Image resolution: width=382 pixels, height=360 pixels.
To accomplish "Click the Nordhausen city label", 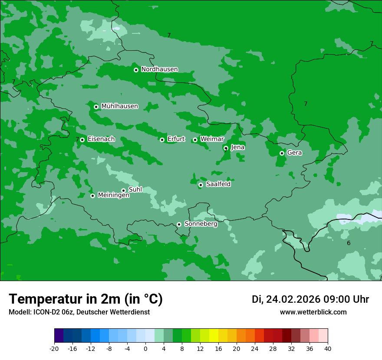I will [x=159, y=69].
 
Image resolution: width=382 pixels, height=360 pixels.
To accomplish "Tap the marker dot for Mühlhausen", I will [x=96, y=107].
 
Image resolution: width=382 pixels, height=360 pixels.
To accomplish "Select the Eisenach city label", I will [x=101, y=139].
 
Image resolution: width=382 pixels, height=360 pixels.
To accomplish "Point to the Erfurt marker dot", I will [x=162, y=140].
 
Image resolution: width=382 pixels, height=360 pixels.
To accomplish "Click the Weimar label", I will [x=212, y=139].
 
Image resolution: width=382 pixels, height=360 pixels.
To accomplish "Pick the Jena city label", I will [x=237, y=147].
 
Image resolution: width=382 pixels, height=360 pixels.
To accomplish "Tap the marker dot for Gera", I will [x=282, y=153].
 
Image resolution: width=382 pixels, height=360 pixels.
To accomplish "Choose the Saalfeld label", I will [x=218, y=184].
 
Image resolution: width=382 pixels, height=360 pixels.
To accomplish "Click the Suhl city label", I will [x=135, y=190].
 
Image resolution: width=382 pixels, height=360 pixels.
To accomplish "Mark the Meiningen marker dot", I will [x=92, y=196].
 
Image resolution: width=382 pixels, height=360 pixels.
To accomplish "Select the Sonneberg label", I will [x=201, y=224].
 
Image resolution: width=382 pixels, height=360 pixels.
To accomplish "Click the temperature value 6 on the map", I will [x=349, y=243].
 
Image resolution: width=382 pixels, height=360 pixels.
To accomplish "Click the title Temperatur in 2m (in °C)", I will [x=86, y=299].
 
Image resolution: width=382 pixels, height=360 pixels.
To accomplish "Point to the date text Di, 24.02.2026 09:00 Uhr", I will [x=310, y=299].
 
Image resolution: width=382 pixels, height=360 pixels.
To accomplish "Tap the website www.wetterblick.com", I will [x=313, y=312].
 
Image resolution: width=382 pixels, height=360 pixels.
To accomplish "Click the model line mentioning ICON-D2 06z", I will [x=79, y=312].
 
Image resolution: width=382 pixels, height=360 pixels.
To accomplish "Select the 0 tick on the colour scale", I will [x=145, y=348].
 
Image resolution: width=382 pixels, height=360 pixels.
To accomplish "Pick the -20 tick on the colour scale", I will [x=54, y=348].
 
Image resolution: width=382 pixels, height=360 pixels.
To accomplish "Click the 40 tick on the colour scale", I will [x=328, y=348].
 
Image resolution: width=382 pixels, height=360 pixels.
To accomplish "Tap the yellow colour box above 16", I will [x=214, y=336].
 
